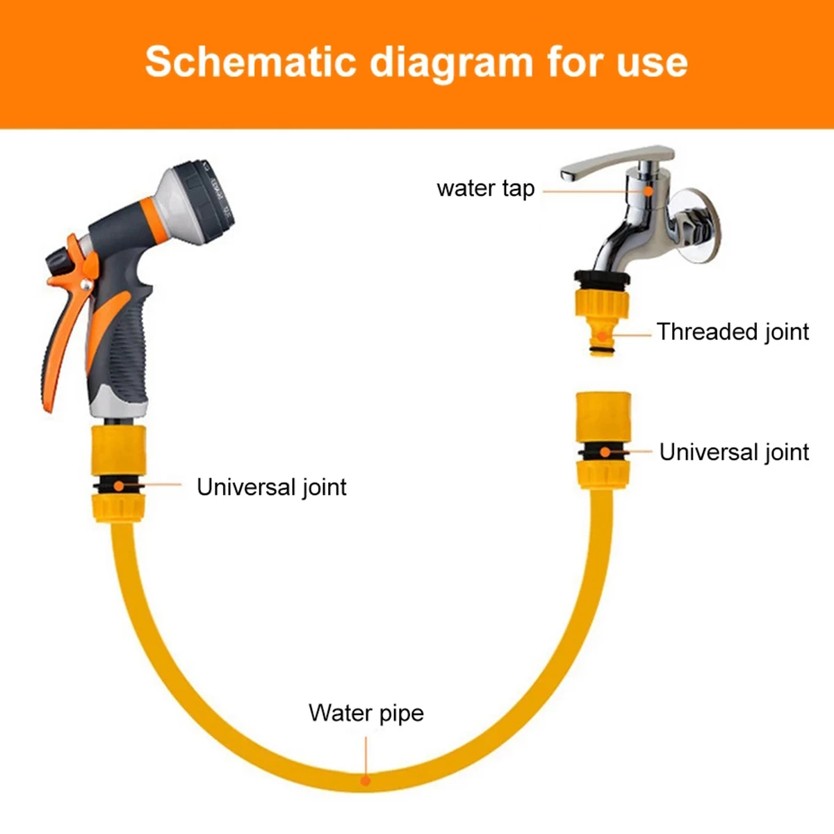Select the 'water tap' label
pyautogui.click(x=485, y=188)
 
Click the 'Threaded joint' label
pyautogui.click(x=733, y=332)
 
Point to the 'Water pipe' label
pyautogui.click(x=366, y=713)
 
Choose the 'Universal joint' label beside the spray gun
pyautogui.click(x=271, y=486)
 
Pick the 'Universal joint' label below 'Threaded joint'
pyautogui.click(x=734, y=452)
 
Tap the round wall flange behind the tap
pyautogui.click(x=698, y=226)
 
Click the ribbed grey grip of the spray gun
pyautogui.click(x=129, y=347)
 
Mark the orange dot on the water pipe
pyautogui.click(x=366, y=780)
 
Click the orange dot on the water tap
pyautogui.click(x=648, y=189)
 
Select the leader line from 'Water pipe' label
pyautogui.click(x=366, y=754)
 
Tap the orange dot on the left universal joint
pyautogui.click(x=120, y=485)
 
